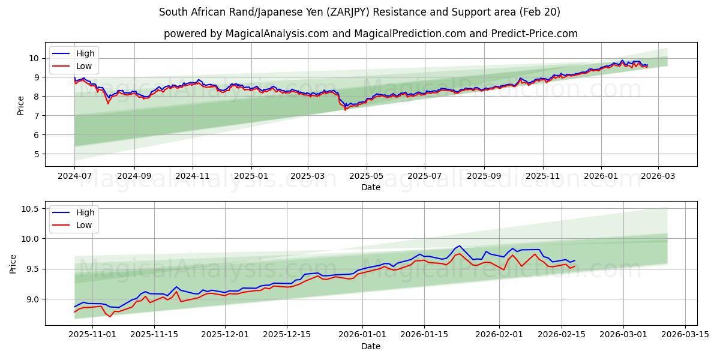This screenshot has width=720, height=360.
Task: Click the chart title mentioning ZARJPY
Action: coord(360,12)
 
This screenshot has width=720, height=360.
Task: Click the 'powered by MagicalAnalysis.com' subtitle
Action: coord(370,34)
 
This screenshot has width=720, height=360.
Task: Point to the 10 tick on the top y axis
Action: coord(34,58)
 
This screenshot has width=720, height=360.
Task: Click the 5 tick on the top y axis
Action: coord(36,154)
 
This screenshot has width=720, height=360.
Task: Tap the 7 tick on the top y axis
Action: coord(36,116)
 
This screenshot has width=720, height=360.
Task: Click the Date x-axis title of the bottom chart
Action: coord(370,346)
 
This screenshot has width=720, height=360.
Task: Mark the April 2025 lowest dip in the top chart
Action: coord(345,109)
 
